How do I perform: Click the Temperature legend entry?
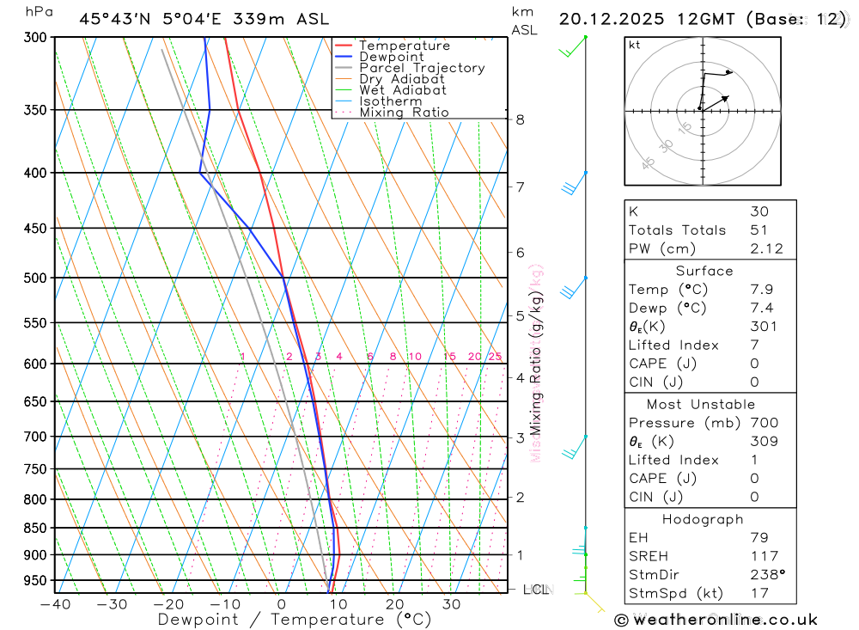pos(404,46)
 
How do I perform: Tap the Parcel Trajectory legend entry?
pos(422,68)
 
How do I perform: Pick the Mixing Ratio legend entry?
pos(404,112)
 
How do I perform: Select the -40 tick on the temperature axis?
pos(55,604)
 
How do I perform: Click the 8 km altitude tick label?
pos(521,119)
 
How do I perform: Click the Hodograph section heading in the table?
pos(704,519)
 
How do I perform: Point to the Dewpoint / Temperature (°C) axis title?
pos(295,620)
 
